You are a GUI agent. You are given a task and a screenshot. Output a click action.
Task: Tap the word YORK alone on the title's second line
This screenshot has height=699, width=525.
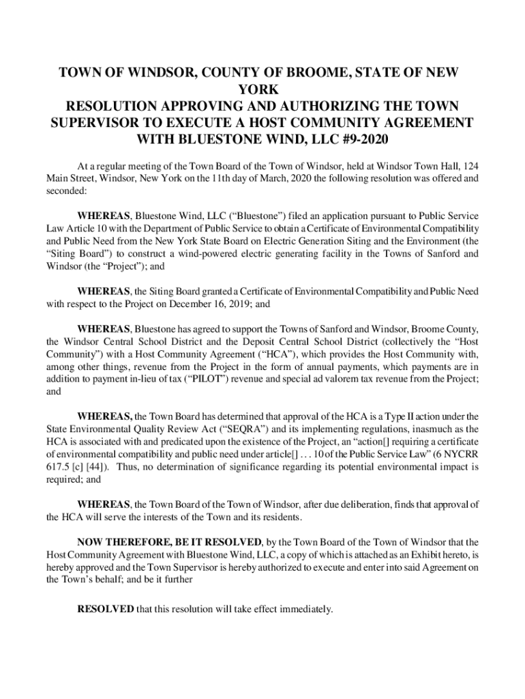(262, 89)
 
